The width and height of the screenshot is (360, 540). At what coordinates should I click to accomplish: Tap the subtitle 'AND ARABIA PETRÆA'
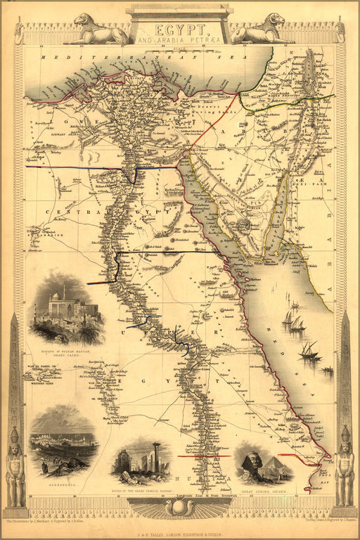coord(180,41)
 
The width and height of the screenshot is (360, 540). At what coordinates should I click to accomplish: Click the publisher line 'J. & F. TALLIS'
coord(180,523)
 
